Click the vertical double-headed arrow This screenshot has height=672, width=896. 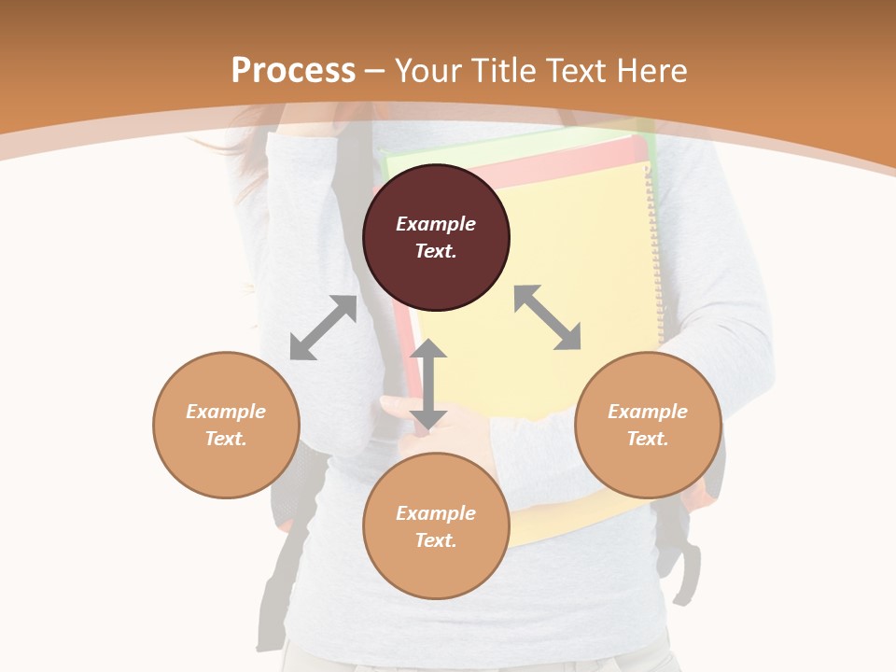(428, 385)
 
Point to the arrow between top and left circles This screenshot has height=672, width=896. (323, 328)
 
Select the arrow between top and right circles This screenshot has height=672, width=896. (548, 317)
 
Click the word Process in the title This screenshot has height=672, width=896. (293, 71)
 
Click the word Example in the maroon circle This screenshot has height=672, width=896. (436, 224)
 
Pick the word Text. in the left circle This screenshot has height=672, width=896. (226, 439)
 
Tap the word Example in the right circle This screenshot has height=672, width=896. (648, 412)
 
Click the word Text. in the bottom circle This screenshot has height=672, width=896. (436, 540)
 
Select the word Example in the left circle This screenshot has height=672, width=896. (226, 412)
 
